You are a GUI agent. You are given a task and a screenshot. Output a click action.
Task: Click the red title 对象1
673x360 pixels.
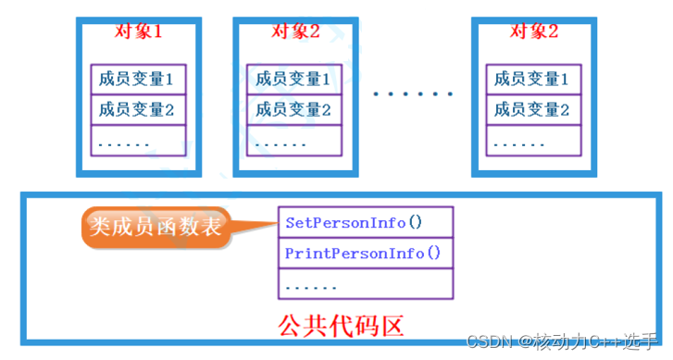tap(138, 31)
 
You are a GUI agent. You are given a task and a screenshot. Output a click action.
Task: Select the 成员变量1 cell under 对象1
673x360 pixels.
tap(138, 79)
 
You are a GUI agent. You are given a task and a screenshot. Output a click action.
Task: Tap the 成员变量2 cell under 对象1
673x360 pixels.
tap(138, 110)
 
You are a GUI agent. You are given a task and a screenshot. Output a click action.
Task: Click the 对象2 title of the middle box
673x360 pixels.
tap(295, 31)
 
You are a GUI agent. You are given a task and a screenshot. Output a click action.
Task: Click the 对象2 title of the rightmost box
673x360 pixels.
tap(533, 31)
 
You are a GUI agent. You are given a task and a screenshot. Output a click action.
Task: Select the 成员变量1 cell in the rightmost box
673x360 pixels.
tap(532, 79)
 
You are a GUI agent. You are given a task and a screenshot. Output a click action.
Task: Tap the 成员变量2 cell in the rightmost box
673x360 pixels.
tap(532, 110)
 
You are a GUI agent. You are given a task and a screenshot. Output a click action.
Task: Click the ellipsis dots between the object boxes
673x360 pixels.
tap(413, 94)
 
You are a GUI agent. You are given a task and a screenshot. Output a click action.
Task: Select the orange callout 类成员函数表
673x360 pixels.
tap(156, 225)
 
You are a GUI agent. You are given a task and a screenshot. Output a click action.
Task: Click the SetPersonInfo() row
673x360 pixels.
tap(366, 222)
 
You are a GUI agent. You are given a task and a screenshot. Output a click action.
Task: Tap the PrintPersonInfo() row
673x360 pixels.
tap(366, 253)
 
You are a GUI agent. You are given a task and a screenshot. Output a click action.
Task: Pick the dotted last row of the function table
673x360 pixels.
tap(366, 283)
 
